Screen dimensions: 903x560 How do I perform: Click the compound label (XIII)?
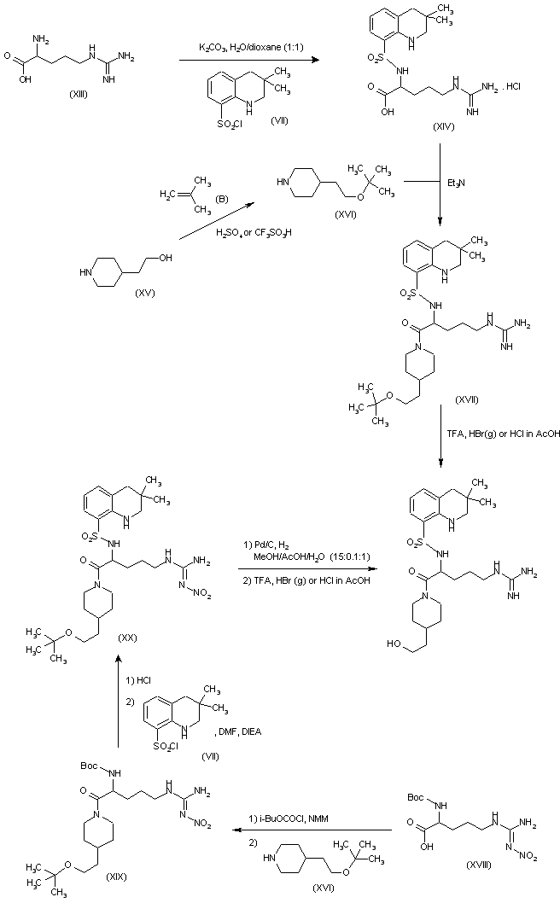coord(82,93)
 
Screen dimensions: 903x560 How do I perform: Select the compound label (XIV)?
coord(467,125)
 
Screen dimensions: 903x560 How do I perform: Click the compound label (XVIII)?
coord(456,865)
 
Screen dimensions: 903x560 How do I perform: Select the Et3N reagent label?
coord(455,183)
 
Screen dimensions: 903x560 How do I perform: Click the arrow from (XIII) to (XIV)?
coord(247,61)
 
